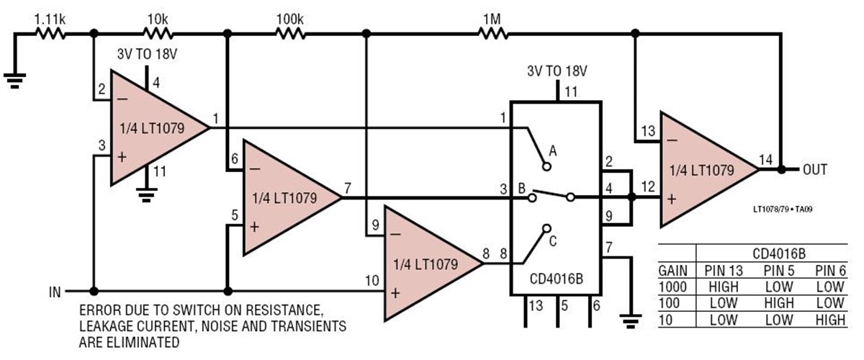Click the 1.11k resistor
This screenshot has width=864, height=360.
50,32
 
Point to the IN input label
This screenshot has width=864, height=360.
55,292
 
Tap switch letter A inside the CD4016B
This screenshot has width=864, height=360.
553,151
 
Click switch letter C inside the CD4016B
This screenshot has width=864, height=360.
553,241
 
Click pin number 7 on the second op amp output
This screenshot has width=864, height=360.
348,189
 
